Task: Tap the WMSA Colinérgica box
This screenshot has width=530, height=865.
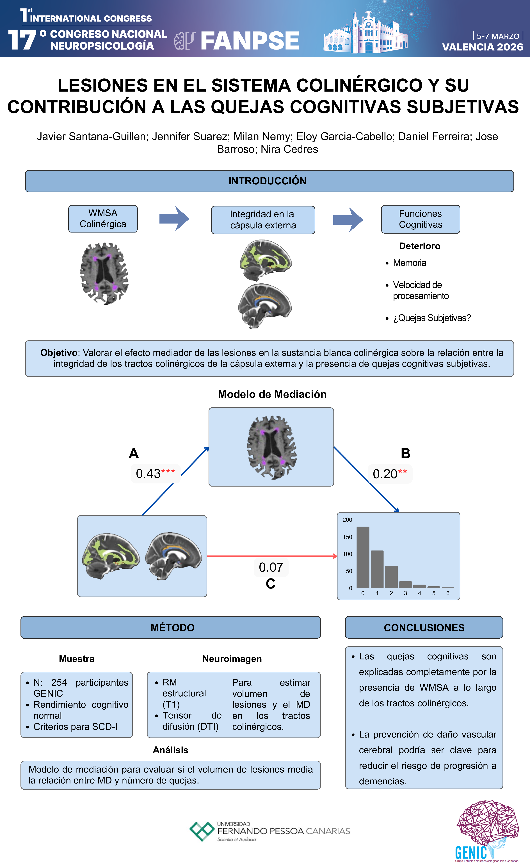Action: (x=103, y=219)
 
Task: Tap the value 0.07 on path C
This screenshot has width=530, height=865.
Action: (x=271, y=567)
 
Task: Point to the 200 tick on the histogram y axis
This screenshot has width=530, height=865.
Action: (x=347, y=520)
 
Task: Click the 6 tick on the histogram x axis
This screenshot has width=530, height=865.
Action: (x=448, y=593)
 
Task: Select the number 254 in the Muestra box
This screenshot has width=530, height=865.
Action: (x=59, y=682)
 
